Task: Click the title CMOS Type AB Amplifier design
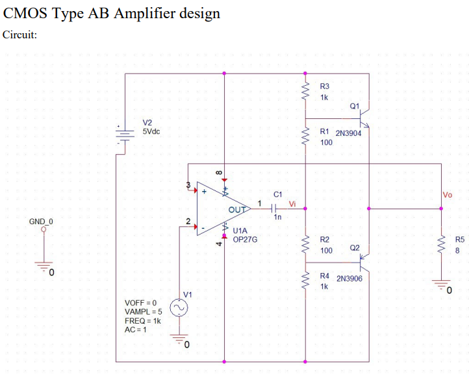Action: (x=111, y=13)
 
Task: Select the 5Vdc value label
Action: (x=151, y=131)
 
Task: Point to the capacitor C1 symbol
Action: (x=274, y=209)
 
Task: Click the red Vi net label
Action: (x=292, y=205)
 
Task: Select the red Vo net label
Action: (x=447, y=194)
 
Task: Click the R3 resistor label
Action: (x=325, y=87)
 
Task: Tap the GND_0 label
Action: (x=41, y=222)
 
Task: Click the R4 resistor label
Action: (x=325, y=276)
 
